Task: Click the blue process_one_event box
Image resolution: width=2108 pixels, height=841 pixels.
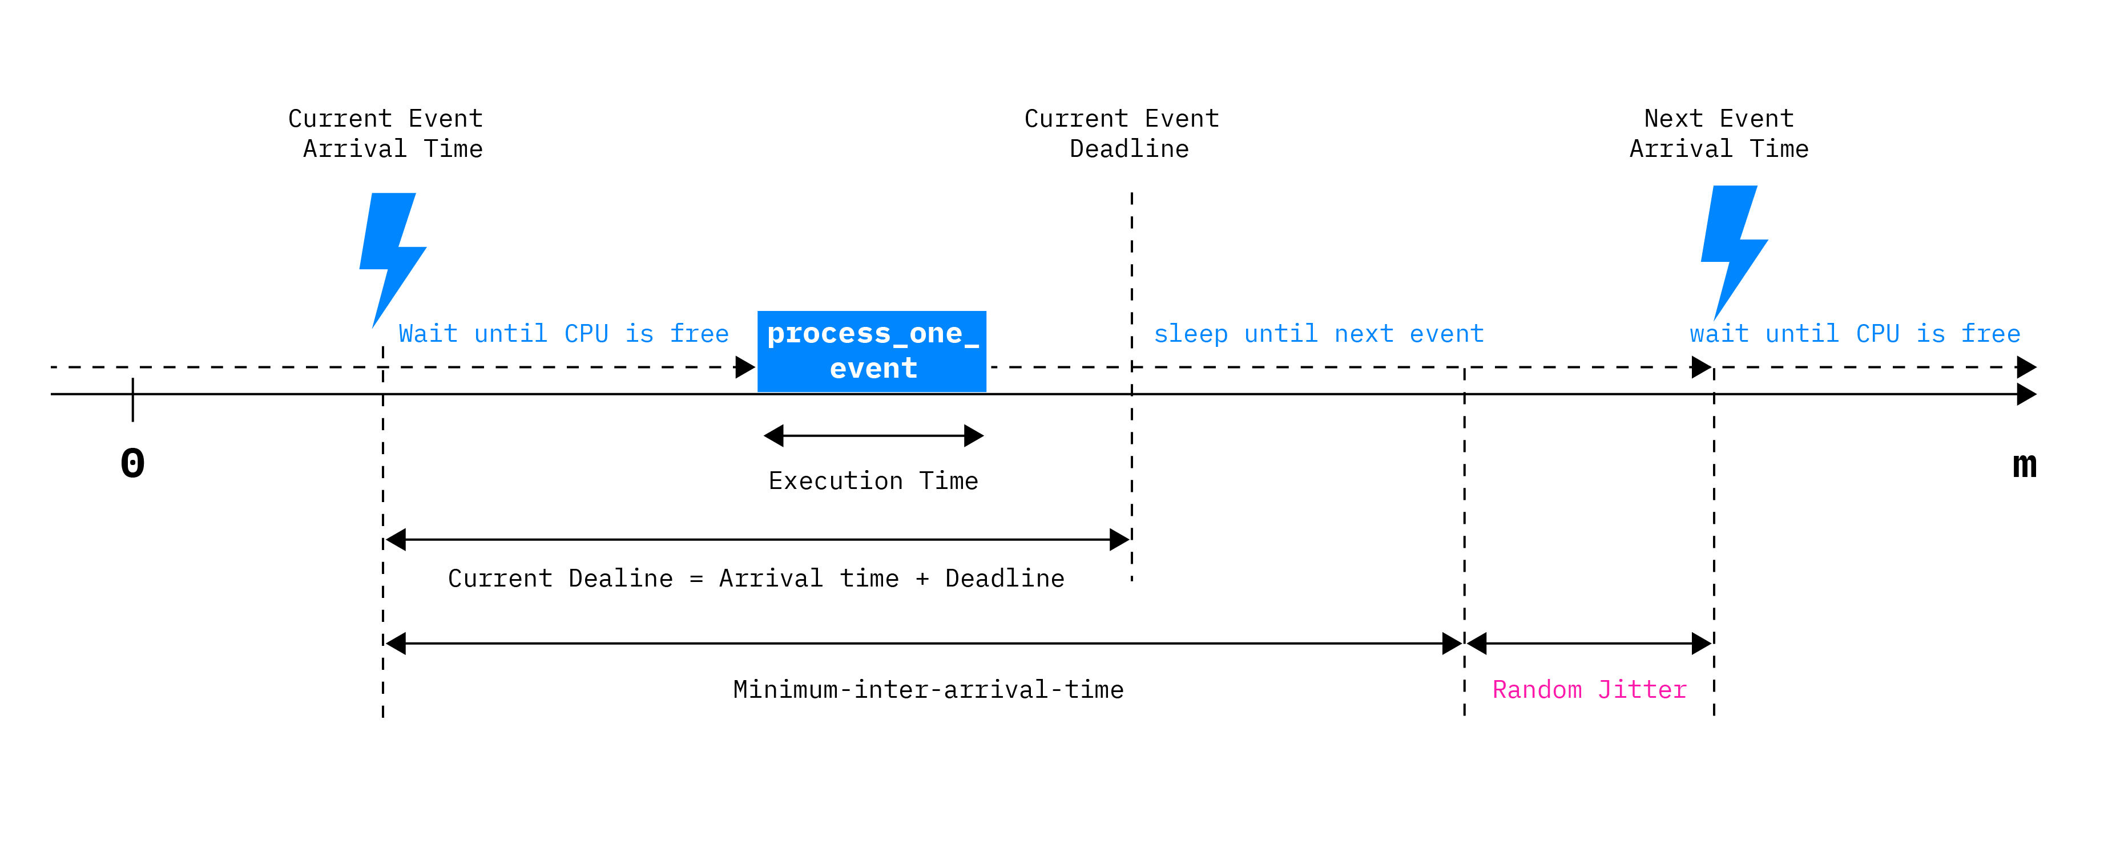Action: [x=872, y=351]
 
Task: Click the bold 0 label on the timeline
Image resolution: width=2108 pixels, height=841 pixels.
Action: [x=132, y=464]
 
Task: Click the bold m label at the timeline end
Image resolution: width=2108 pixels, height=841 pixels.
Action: [x=2025, y=464]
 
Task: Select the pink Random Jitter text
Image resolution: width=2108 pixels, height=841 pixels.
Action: [x=1589, y=690]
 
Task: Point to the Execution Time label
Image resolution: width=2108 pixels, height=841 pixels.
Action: [x=873, y=481]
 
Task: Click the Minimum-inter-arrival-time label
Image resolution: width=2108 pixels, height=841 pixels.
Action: [x=928, y=690]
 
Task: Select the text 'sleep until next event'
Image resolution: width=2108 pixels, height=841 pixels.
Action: [x=1319, y=334]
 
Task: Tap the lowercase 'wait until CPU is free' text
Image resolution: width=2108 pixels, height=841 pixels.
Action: [x=1855, y=334]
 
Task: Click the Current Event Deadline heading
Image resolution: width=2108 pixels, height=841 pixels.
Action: [x=1122, y=134]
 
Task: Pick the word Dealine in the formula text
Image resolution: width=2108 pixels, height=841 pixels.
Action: [x=620, y=579]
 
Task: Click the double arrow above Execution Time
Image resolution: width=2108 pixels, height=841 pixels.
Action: [x=873, y=435]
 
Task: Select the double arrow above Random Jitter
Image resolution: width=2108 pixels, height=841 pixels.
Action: [x=1589, y=643]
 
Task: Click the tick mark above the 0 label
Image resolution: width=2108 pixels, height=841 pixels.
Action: [x=132, y=399]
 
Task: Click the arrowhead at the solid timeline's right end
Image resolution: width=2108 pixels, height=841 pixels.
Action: [x=2026, y=394]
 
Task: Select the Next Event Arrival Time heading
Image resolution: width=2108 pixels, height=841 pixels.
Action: [x=1719, y=134]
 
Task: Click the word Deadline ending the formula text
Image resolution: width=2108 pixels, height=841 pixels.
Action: [x=1004, y=579]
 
